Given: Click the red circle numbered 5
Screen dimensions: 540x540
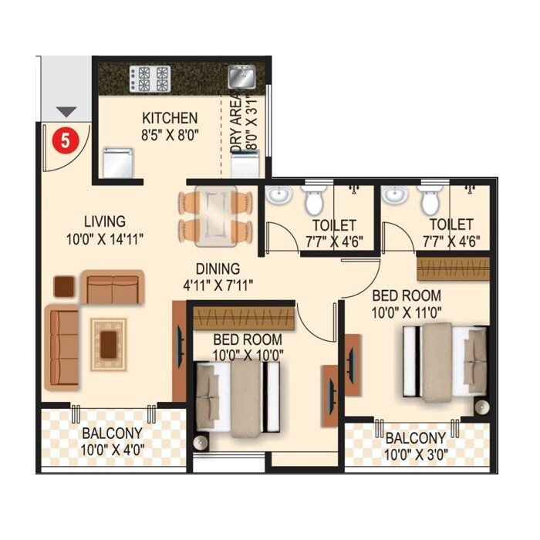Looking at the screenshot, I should coord(66,140).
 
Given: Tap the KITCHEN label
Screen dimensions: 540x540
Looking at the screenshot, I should coord(170,119).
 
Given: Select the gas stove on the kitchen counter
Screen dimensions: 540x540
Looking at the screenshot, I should coord(150,78).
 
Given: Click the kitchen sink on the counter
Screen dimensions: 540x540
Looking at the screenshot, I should coord(240,76).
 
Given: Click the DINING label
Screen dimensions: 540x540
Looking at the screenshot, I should coord(217,269).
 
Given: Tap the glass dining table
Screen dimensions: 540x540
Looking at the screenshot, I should coord(216,218).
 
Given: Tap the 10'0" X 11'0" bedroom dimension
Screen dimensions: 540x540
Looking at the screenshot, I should coord(407,312).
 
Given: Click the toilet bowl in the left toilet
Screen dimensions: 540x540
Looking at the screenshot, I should coord(313,201).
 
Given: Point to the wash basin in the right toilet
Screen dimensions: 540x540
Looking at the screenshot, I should coord(395,194).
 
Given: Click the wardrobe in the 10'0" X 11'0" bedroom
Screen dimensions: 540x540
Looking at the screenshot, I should coord(453,268).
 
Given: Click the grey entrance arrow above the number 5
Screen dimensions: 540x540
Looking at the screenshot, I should coord(66,113).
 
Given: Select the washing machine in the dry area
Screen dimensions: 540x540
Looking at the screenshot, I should coord(245,164).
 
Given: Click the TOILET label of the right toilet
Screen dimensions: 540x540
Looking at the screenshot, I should coord(451,224).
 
